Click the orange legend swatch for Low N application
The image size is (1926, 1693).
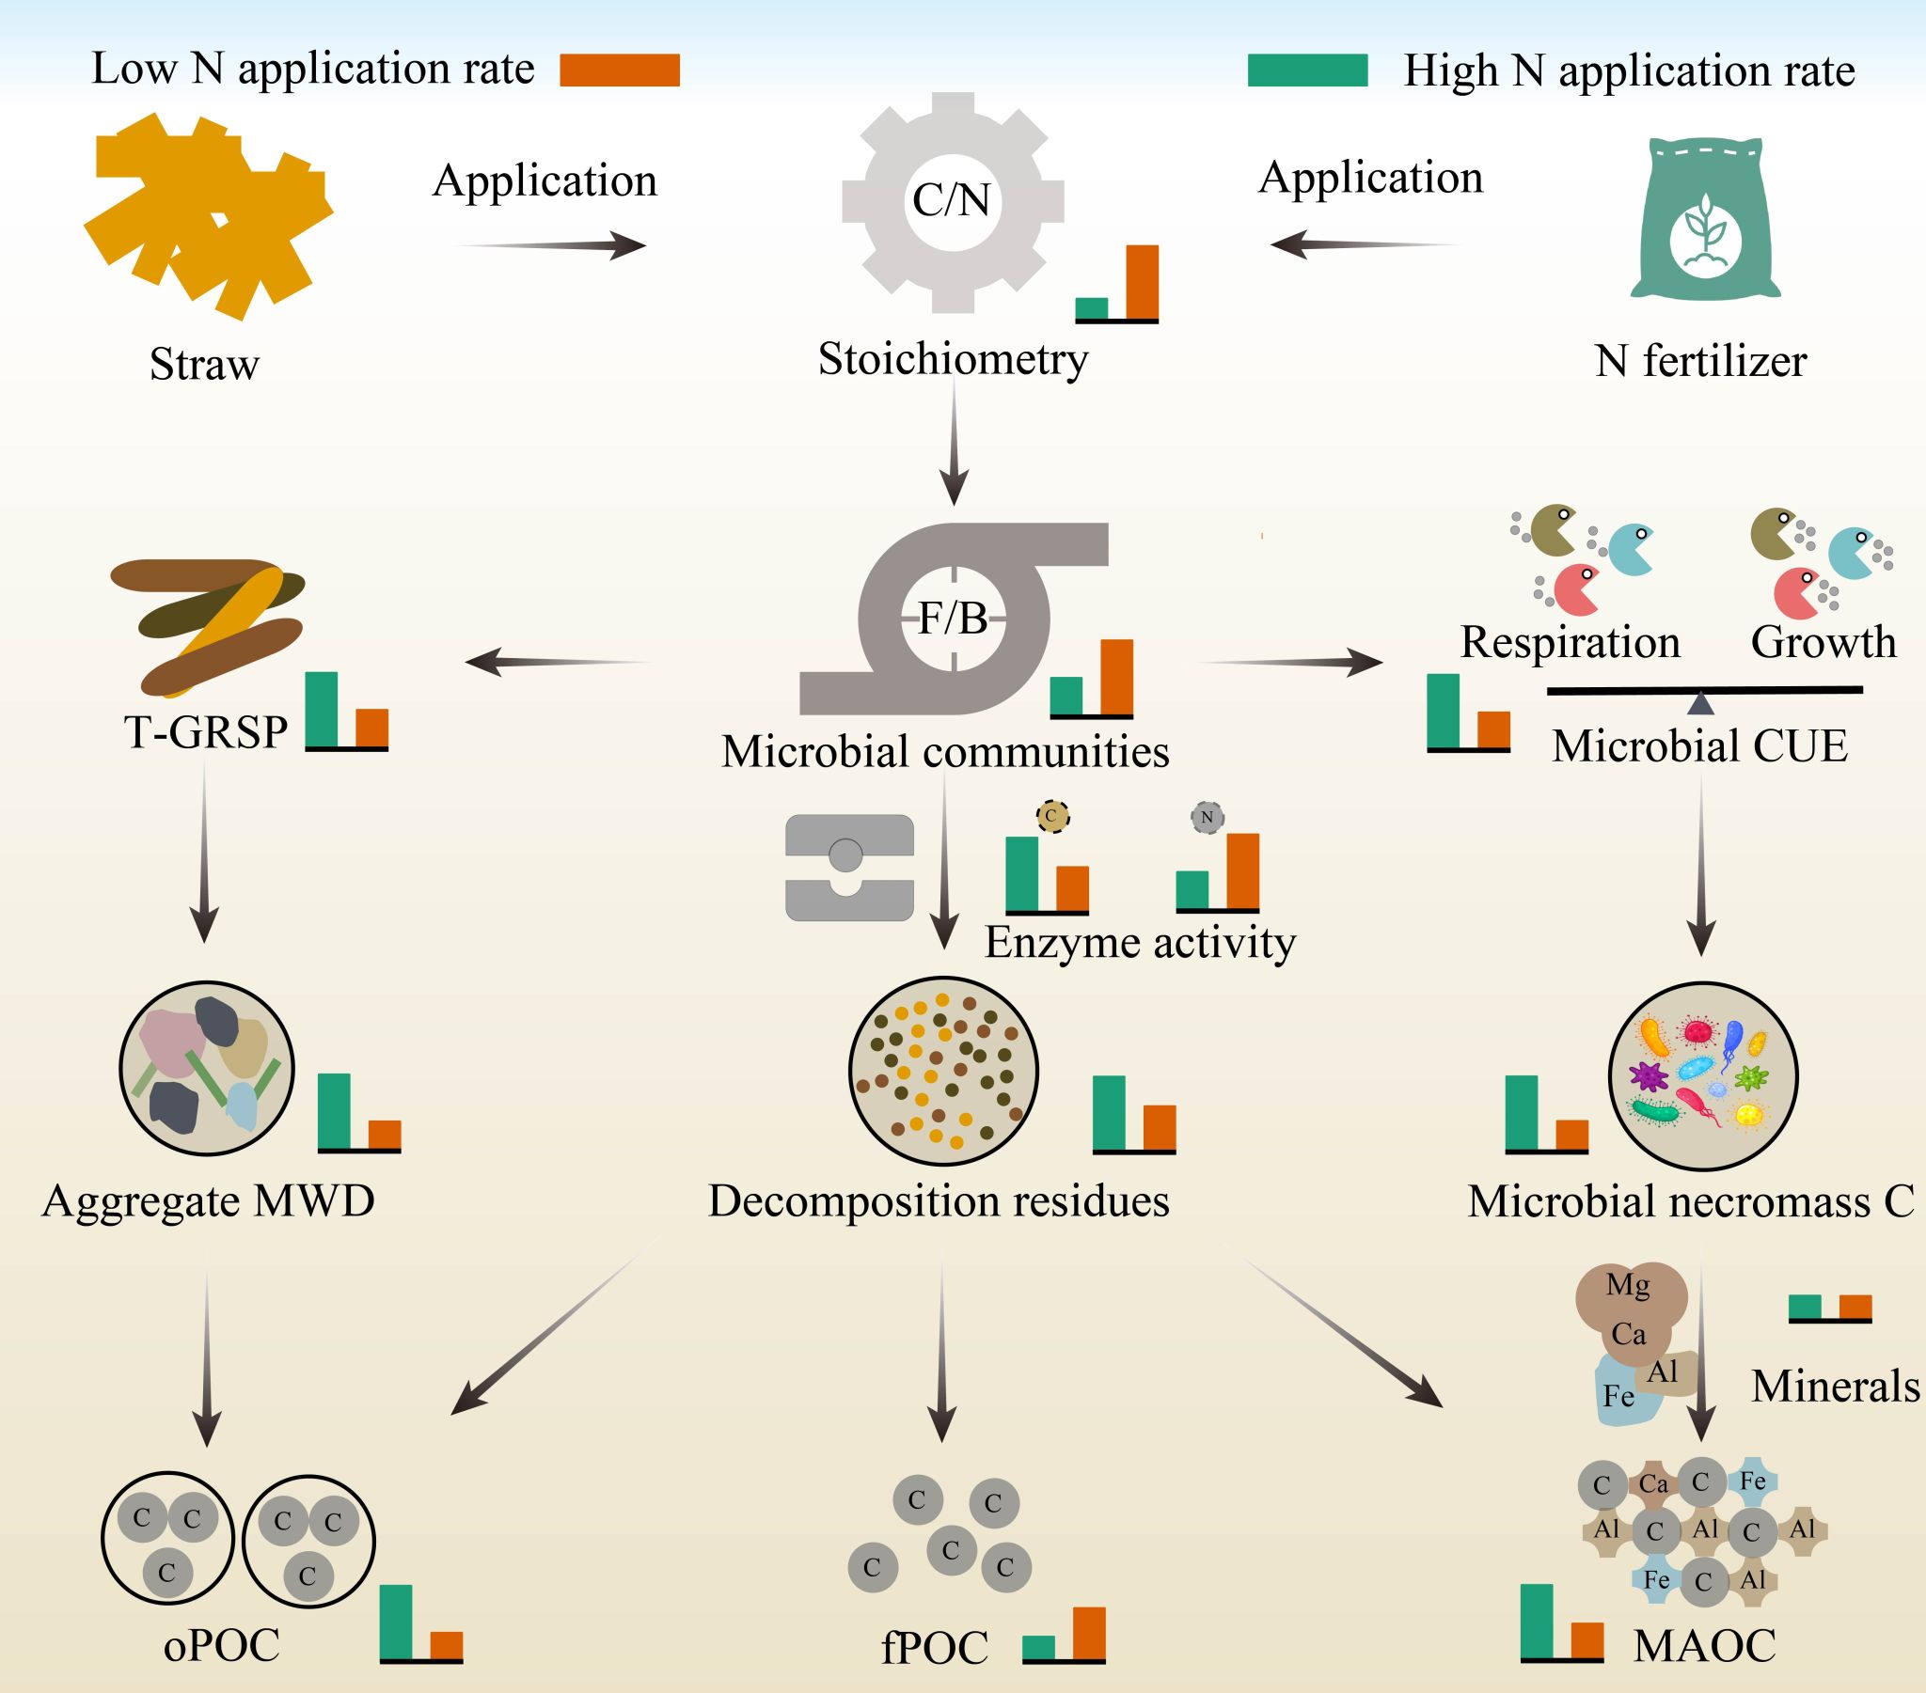pos(619,71)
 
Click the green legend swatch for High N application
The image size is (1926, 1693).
pos(1307,71)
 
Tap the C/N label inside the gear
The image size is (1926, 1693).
pos(952,199)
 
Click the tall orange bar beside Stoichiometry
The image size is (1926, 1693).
pos(1142,282)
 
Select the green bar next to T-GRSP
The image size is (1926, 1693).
pos(322,709)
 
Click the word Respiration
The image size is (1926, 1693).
pos(1570,643)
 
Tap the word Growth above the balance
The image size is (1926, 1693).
pos(1823,643)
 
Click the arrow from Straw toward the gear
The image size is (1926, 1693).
pos(551,246)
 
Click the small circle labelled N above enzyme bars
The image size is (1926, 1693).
pos(1208,817)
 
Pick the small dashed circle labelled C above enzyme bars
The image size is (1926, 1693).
pos(1052,815)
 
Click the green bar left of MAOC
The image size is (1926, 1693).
pos(1537,1621)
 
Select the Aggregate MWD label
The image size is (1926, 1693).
pos(208,1201)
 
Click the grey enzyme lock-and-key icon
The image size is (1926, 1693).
pos(849,867)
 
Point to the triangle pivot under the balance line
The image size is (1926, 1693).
pos(1700,703)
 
